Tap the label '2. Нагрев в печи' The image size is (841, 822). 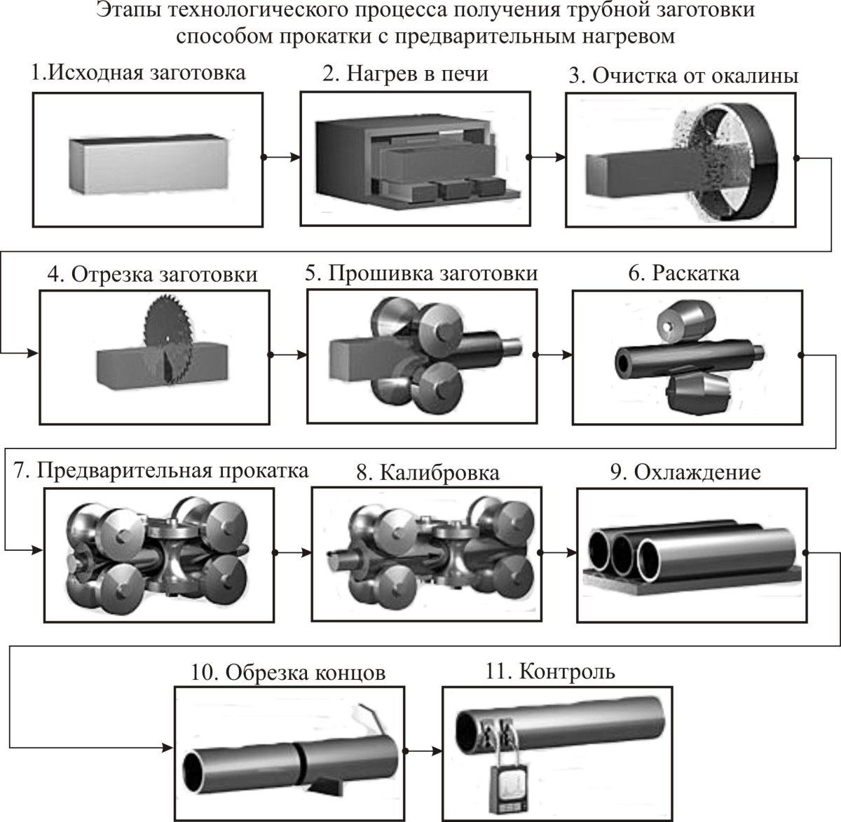[x=405, y=74]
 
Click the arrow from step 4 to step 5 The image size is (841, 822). [x=288, y=355]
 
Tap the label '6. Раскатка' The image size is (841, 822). [x=683, y=273]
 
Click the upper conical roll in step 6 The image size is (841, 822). [x=684, y=322]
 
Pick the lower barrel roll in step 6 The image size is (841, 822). [x=697, y=392]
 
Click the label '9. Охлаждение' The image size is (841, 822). [x=685, y=472]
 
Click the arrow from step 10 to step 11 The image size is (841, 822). [x=423, y=752]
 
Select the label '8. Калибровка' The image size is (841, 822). [x=428, y=472]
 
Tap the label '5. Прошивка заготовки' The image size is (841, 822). [x=420, y=273]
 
